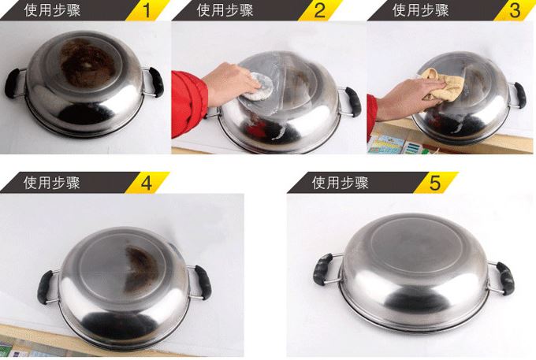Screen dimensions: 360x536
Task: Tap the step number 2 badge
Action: click(x=319, y=10)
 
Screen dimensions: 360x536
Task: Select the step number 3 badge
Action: click(x=515, y=10)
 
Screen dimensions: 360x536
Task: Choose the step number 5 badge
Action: click(x=434, y=183)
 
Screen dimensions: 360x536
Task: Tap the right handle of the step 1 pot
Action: click(x=154, y=81)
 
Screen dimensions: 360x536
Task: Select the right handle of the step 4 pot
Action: click(x=203, y=280)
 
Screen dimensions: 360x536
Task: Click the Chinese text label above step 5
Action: click(x=341, y=183)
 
